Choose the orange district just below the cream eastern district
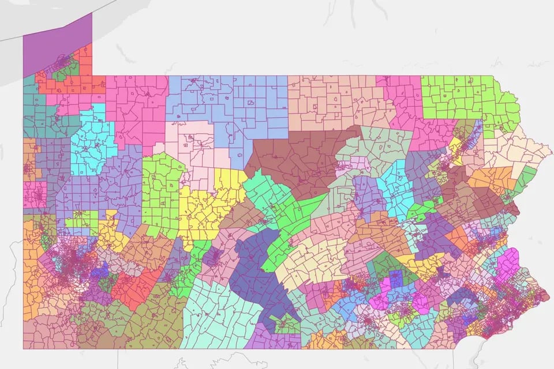[x=491, y=179]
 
